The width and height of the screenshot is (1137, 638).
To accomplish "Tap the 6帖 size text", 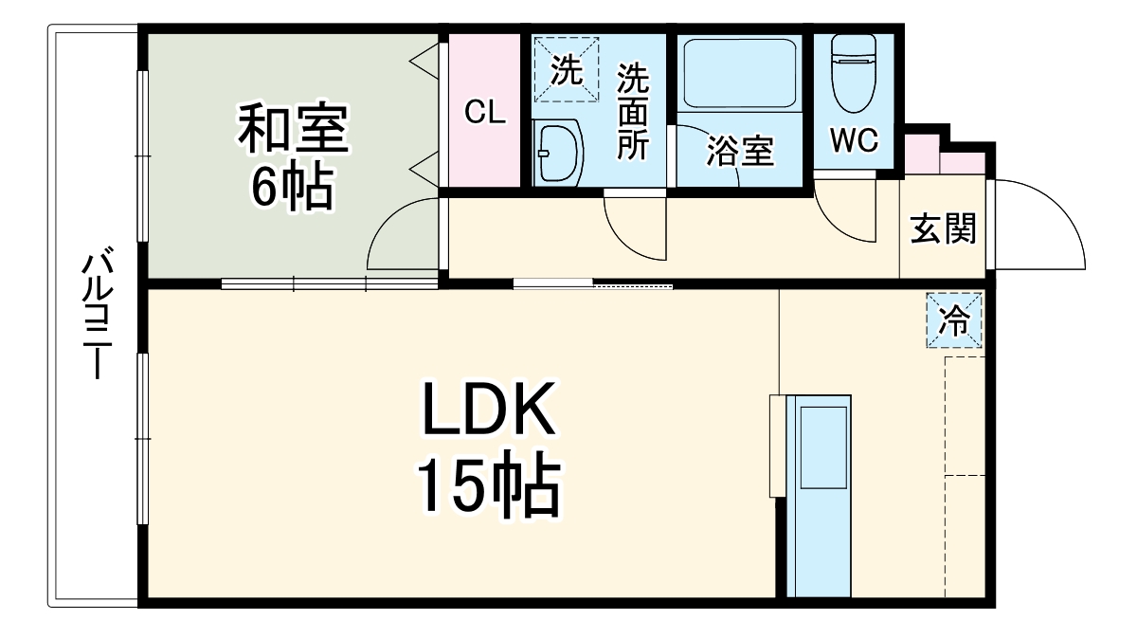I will coord(291,189).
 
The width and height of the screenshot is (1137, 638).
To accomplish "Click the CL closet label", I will coord(485,113).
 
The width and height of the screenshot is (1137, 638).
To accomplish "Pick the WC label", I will coord(854,139).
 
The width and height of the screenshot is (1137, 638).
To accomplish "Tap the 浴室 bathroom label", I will coord(740,151).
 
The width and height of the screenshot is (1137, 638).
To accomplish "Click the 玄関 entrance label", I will coord(943,228).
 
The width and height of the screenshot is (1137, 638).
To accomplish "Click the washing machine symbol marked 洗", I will coord(566,70).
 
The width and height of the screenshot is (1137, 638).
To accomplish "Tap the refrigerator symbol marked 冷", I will coord(954,320).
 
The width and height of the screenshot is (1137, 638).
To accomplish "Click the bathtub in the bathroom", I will coord(738,73).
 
